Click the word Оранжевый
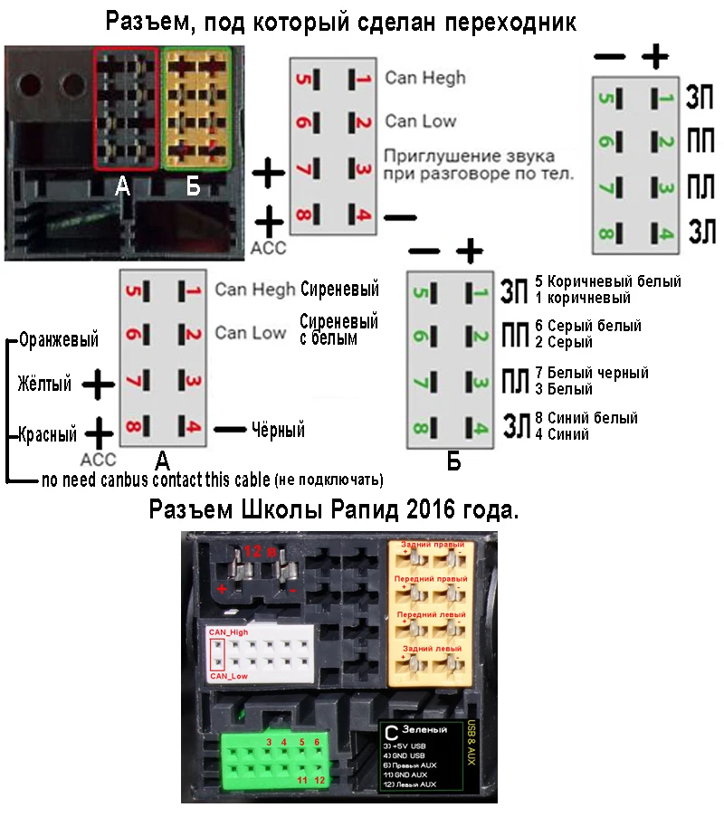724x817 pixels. pyautogui.click(x=58, y=340)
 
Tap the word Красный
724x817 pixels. pyautogui.click(x=45, y=433)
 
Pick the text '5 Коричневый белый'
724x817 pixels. pyautogui.click(x=608, y=281)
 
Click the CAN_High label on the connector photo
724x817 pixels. pyautogui.click(x=228, y=632)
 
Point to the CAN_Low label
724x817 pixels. pyautogui.click(x=228, y=676)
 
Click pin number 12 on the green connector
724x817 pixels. pyautogui.click(x=319, y=780)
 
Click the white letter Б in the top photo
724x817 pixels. pyautogui.click(x=192, y=187)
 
